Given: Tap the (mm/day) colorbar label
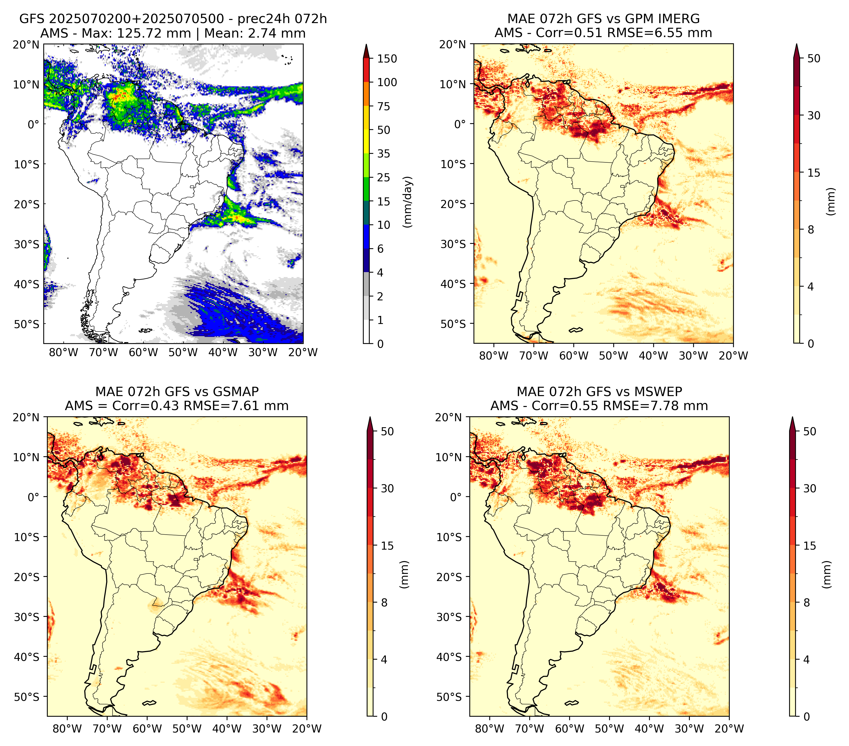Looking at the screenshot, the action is point(408,202).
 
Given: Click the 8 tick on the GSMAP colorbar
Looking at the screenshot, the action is point(384,603).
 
